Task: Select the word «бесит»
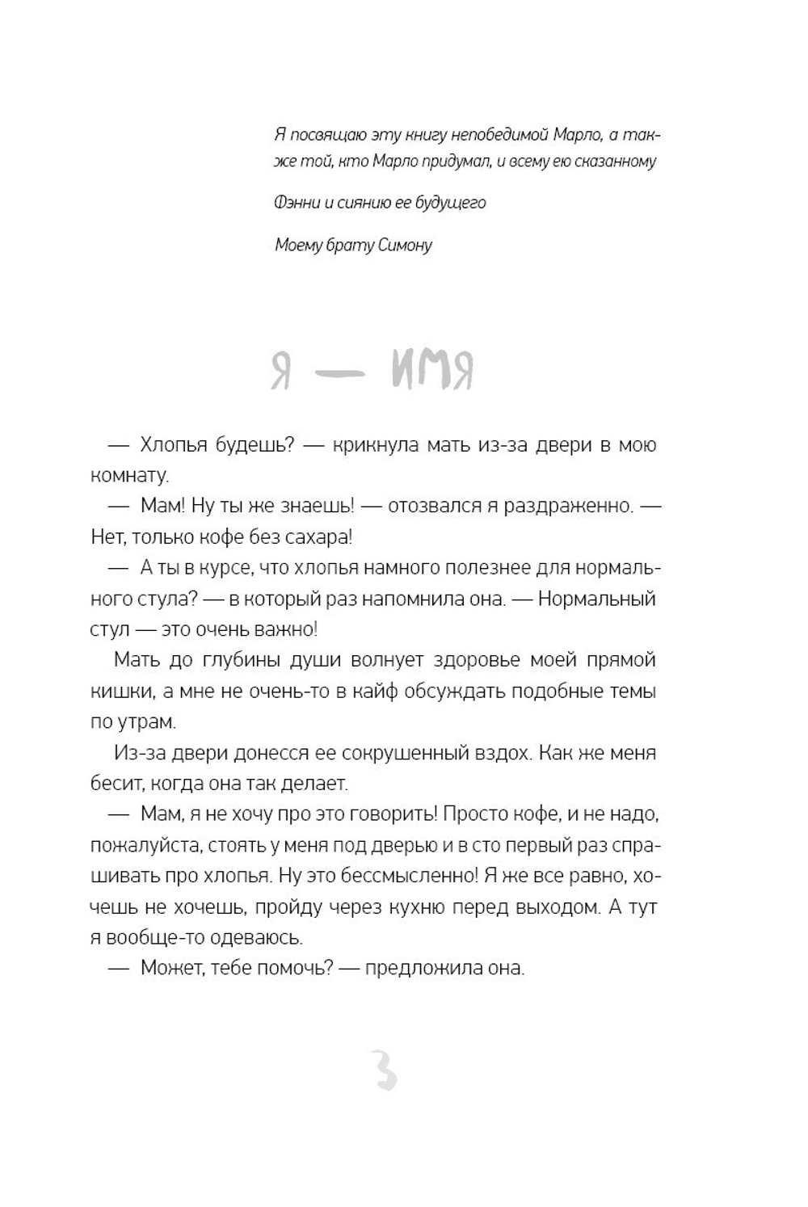pos(114,784)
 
